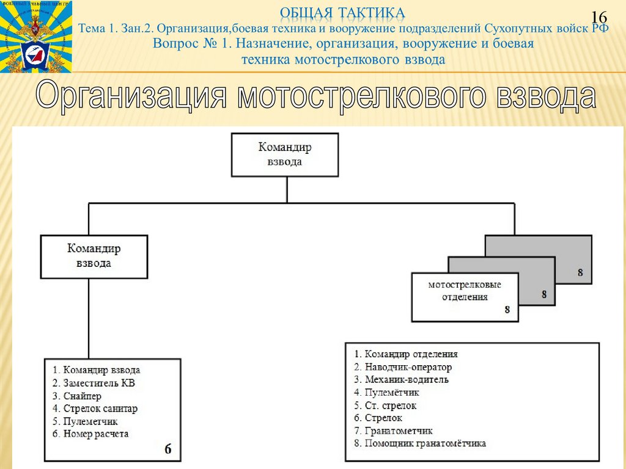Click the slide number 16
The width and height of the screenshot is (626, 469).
pos(600,19)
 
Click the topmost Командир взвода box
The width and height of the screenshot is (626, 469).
pos(285,155)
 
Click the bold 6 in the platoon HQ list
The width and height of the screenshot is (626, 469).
pos(168,449)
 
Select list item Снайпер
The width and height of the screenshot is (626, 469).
pos(77,396)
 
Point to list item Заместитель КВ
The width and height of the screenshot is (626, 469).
pos(94,383)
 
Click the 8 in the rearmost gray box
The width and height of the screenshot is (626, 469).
pos(580,272)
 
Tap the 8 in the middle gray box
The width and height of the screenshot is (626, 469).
pos(543,294)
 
